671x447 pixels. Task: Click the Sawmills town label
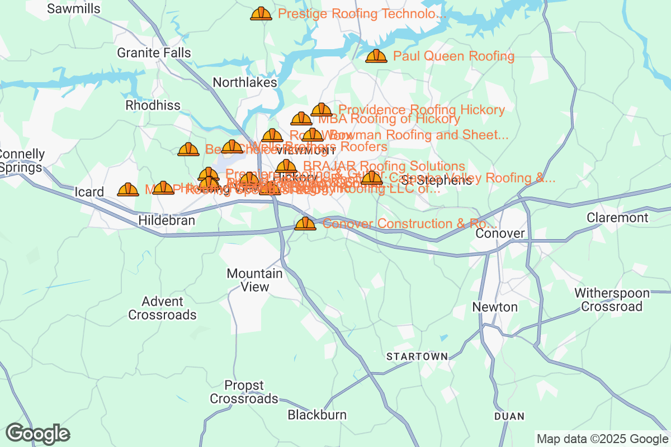pyautogui.click(x=74, y=8)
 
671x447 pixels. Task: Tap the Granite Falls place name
pyautogui.click(x=154, y=53)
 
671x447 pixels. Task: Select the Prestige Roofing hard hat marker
pyautogui.click(x=261, y=14)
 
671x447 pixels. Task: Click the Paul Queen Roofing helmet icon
pyautogui.click(x=376, y=56)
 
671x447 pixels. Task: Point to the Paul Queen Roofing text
pyautogui.click(x=453, y=56)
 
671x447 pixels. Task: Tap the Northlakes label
pyautogui.click(x=245, y=83)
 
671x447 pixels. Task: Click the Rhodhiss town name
pyautogui.click(x=153, y=105)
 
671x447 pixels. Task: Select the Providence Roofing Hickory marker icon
pyautogui.click(x=322, y=110)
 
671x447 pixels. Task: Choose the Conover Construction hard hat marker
pyautogui.click(x=305, y=224)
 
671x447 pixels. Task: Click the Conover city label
pyautogui.click(x=500, y=234)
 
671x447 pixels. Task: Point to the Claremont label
pyautogui.click(x=617, y=217)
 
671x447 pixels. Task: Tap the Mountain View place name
pyautogui.click(x=254, y=280)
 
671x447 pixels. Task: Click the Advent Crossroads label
pyautogui.click(x=162, y=308)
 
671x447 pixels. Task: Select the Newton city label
pyautogui.click(x=495, y=307)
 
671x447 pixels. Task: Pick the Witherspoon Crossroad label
pyautogui.click(x=612, y=300)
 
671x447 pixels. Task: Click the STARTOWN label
pyautogui.click(x=417, y=356)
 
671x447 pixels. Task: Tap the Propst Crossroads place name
pyautogui.click(x=244, y=392)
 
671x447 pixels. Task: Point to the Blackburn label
pyautogui.click(x=317, y=415)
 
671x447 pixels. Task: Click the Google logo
pyautogui.click(x=37, y=433)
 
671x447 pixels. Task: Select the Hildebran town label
pyautogui.click(x=167, y=221)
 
